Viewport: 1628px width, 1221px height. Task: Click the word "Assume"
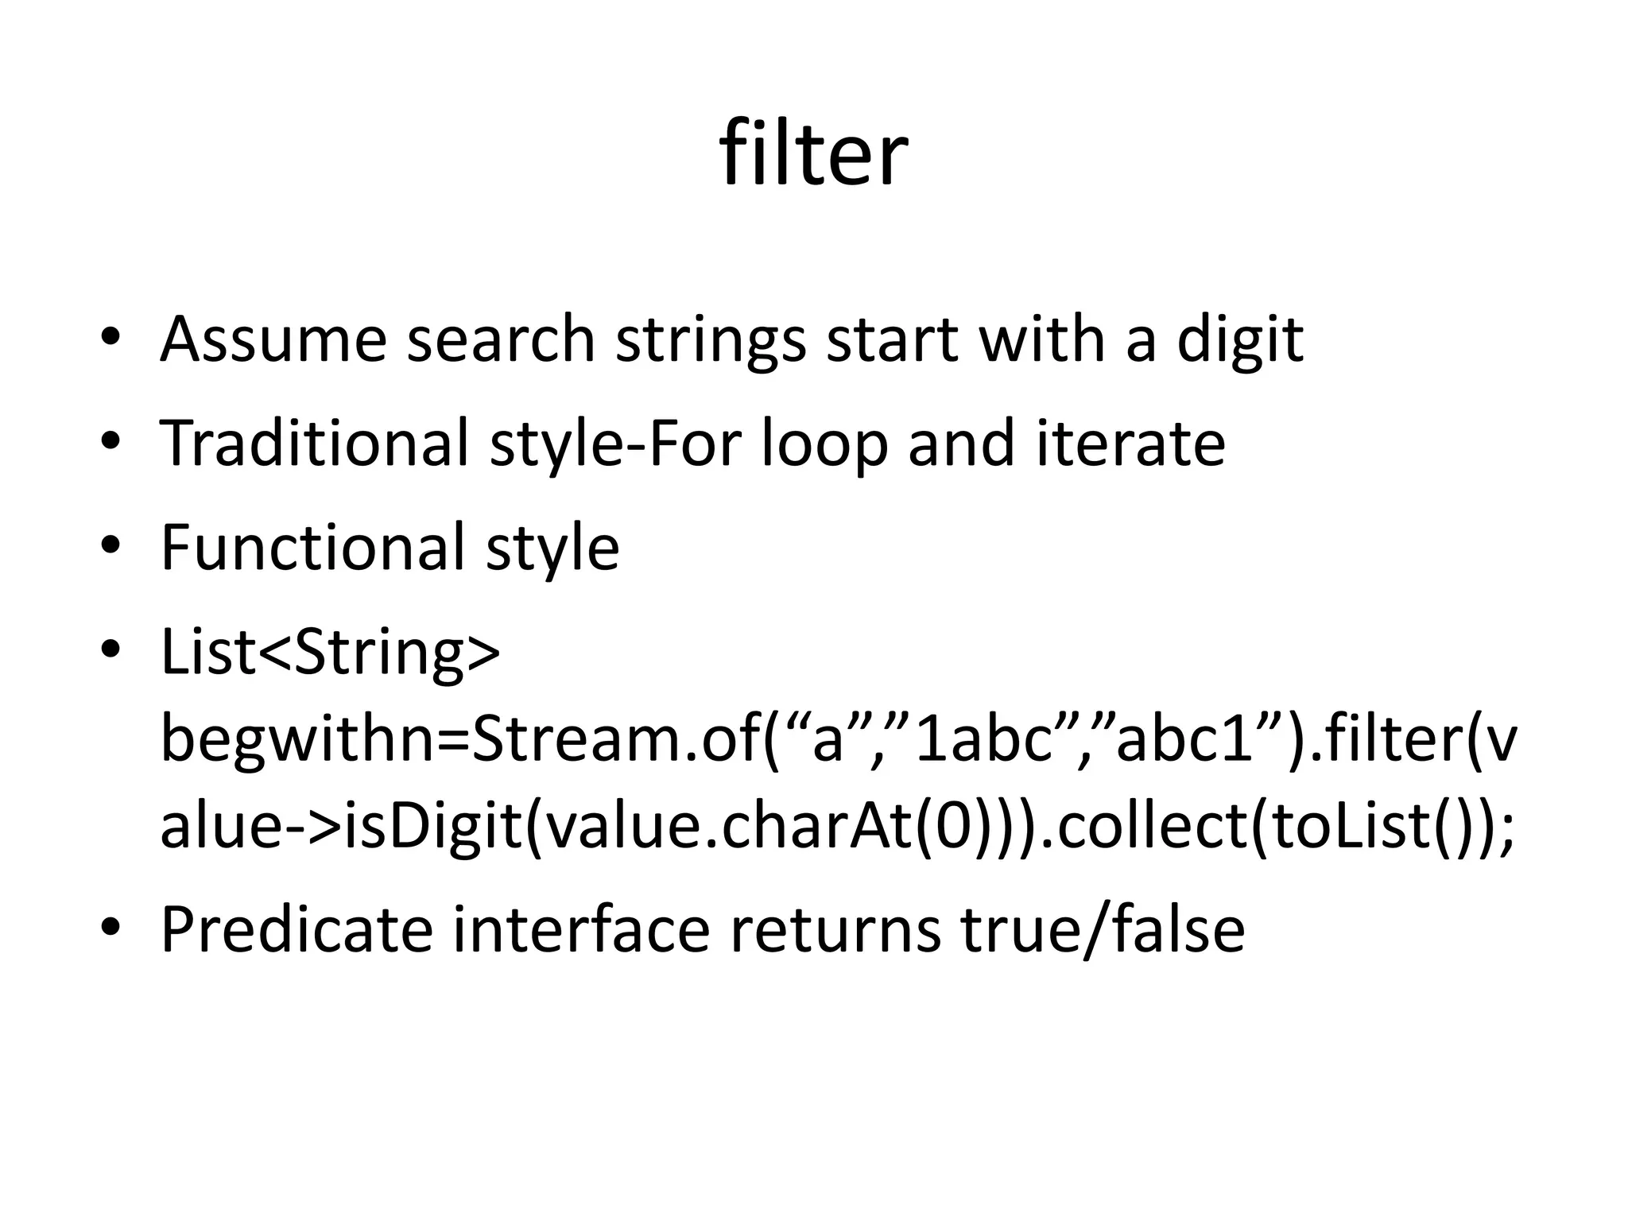273,339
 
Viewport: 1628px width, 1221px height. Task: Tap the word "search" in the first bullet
501,339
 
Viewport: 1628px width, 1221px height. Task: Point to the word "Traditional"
315,443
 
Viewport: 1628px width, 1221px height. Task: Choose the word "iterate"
1130,443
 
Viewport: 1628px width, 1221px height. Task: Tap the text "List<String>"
331,652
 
